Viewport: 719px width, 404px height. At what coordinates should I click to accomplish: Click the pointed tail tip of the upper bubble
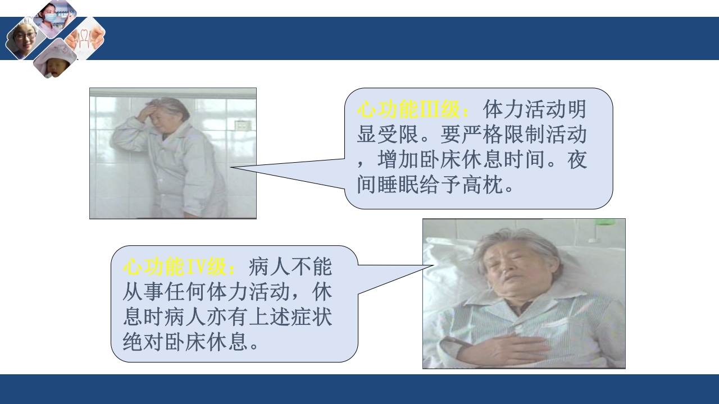[230, 167]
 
